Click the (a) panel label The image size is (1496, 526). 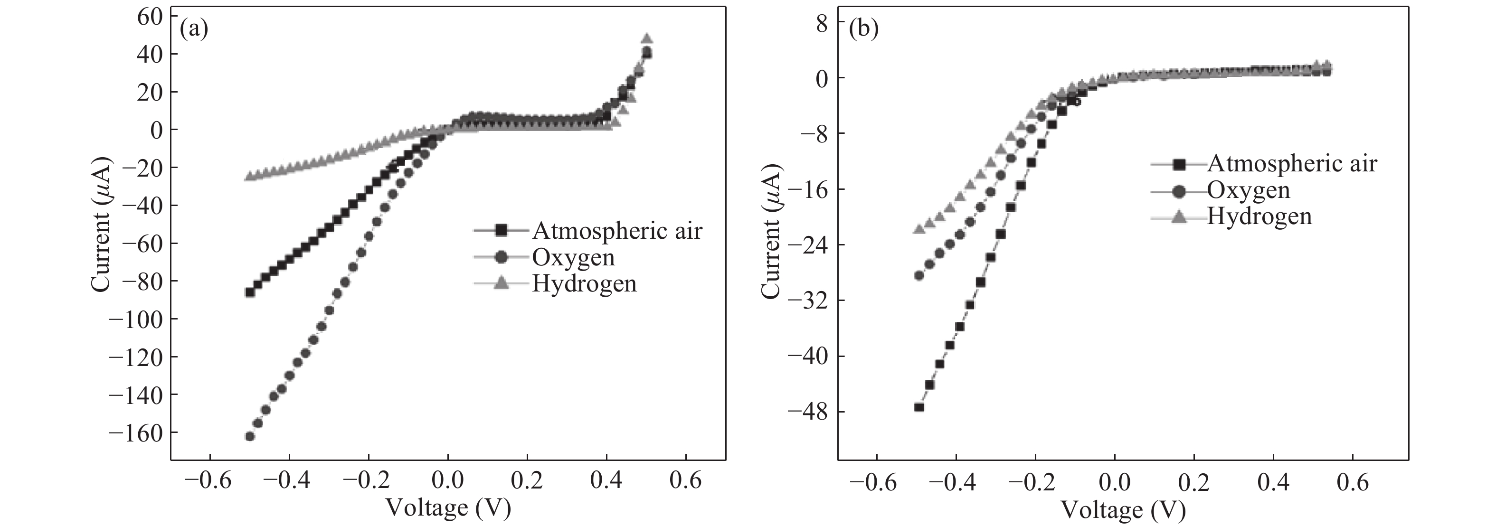click(x=194, y=28)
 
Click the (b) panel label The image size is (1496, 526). click(x=863, y=28)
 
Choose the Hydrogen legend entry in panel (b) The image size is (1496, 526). click(x=1259, y=216)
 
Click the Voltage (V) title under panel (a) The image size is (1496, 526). click(x=448, y=508)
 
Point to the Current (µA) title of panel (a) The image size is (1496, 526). click(x=101, y=226)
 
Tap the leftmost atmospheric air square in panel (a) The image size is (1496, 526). click(x=250, y=292)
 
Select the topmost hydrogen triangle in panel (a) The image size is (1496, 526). click(x=646, y=39)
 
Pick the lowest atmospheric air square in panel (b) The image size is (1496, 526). click(x=919, y=407)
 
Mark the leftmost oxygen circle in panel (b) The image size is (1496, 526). click(x=919, y=275)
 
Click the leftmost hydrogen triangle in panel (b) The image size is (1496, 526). click(x=919, y=229)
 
